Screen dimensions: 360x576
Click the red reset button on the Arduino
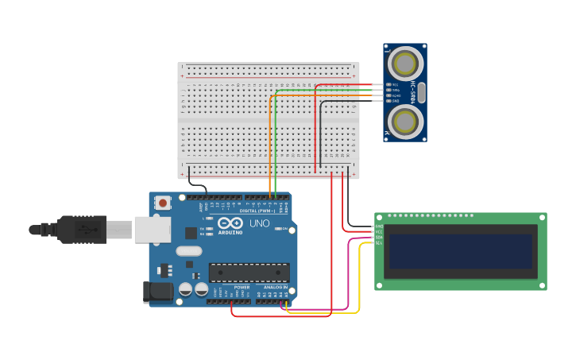coord(163,203)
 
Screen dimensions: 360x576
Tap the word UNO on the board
coord(260,223)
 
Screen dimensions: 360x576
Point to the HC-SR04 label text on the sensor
coord(414,92)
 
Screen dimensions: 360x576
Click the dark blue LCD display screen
coord(459,251)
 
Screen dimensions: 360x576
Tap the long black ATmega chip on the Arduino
coord(249,273)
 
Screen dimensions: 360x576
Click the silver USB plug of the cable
coord(119,230)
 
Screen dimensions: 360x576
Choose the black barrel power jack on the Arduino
coord(157,292)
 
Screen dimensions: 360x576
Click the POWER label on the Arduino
coord(230,287)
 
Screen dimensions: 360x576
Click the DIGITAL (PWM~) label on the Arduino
coord(259,211)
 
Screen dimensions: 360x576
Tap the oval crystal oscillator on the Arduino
coord(189,251)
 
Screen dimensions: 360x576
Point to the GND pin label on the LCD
coord(379,226)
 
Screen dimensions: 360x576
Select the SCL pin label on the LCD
coord(379,243)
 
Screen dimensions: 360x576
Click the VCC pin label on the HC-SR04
coord(395,84)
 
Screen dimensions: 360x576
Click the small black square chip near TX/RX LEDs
coord(191,233)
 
